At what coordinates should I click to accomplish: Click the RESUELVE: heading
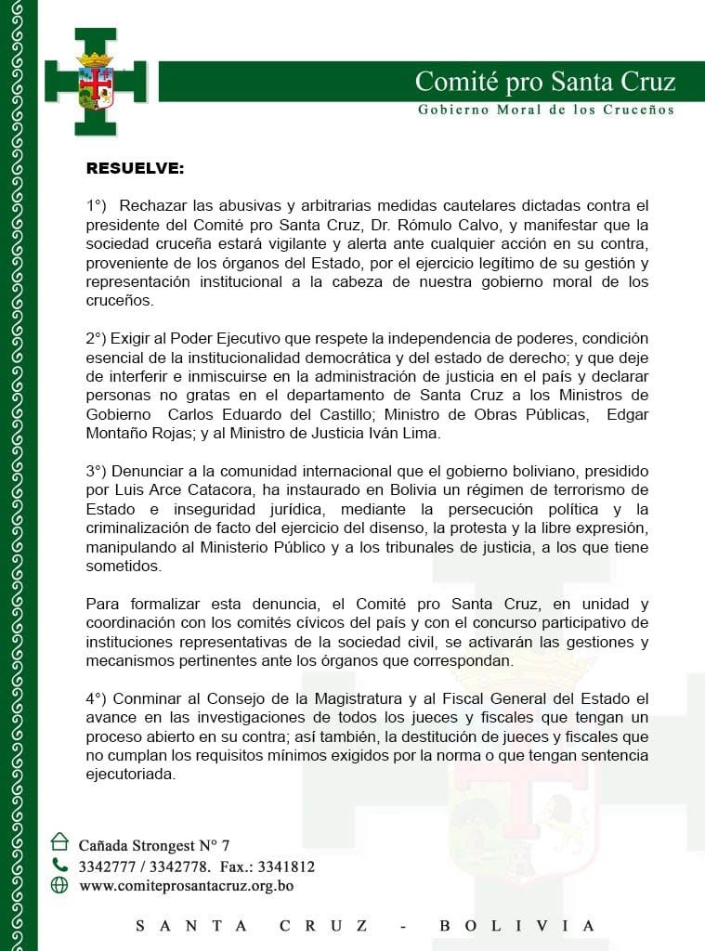tap(135, 168)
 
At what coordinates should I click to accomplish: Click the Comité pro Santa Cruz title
tap(544, 82)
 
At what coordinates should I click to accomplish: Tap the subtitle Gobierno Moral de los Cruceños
tap(546, 110)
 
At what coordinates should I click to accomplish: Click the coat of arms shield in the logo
tap(95, 88)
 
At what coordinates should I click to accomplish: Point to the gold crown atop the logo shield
tap(95, 59)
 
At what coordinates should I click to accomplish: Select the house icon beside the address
tap(59, 841)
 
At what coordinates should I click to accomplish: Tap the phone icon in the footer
tap(59, 865)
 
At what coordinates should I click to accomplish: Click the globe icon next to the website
tap(59, 885)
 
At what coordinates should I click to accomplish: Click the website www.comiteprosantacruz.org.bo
tap(186, 886)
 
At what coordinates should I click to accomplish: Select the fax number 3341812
tap(286, 866)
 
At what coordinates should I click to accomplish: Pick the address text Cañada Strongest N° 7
tap(153, 845)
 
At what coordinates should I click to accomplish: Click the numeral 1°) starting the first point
tap(96, 204)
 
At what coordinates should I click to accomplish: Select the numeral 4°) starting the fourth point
tap(96, 697)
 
